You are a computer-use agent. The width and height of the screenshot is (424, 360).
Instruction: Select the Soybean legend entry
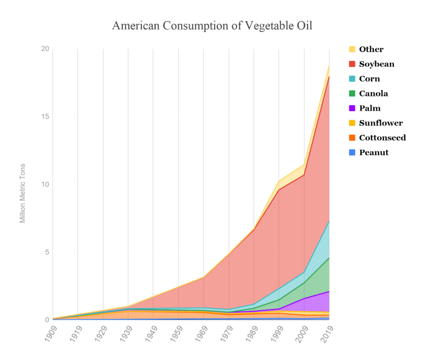(x=376, y=64)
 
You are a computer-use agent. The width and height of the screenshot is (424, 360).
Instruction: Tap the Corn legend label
(x=369, y=79)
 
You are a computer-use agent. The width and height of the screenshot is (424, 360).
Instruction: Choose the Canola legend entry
(x=373, y=94)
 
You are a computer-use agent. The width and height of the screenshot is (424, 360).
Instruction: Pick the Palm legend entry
(x=369, y=109)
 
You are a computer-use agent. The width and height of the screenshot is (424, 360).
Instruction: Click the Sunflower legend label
(x=381, y=123)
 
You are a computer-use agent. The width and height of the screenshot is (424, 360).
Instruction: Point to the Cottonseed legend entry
(x=382, y=138)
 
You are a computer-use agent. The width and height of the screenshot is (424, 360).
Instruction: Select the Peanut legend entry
(x=374, y=152)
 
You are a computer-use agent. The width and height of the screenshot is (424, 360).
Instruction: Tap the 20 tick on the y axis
(x=45, y=49)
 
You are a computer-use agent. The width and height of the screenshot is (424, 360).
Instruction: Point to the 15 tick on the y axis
(x=45, y=117)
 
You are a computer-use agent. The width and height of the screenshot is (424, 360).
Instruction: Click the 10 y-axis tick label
(x=45, y=185)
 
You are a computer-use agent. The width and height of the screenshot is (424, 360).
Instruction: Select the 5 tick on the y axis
(x=47, y=253)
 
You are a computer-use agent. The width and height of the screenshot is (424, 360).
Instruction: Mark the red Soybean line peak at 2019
(x=329, y=77)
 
